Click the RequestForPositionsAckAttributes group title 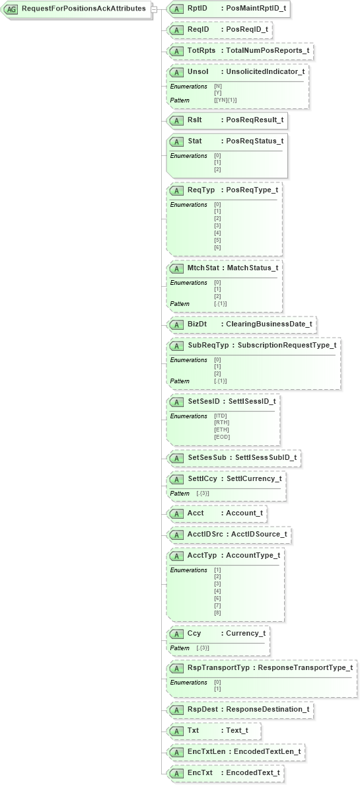[x=84, y=9]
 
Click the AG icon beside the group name [x=11, y=9]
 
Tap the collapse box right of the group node [x=153, y=9]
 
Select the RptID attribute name [x=198, y=9]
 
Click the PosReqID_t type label [x=248, y=30]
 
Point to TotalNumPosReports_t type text [x=267, y=51]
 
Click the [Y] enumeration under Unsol [x=217, y=93]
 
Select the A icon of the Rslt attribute [x=176, y=120]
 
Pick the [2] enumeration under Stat [x=217, y=169]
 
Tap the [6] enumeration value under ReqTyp [x=217, y=247]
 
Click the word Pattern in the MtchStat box [x=180, y=304]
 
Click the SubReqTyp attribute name [x=207, y=345]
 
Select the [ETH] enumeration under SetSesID [x=221, y=430]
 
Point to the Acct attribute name [x=196, y=513]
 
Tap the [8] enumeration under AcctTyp [x=217, y=613]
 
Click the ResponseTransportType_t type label [x=305, y=668]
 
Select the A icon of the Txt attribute [x=176, y=731]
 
